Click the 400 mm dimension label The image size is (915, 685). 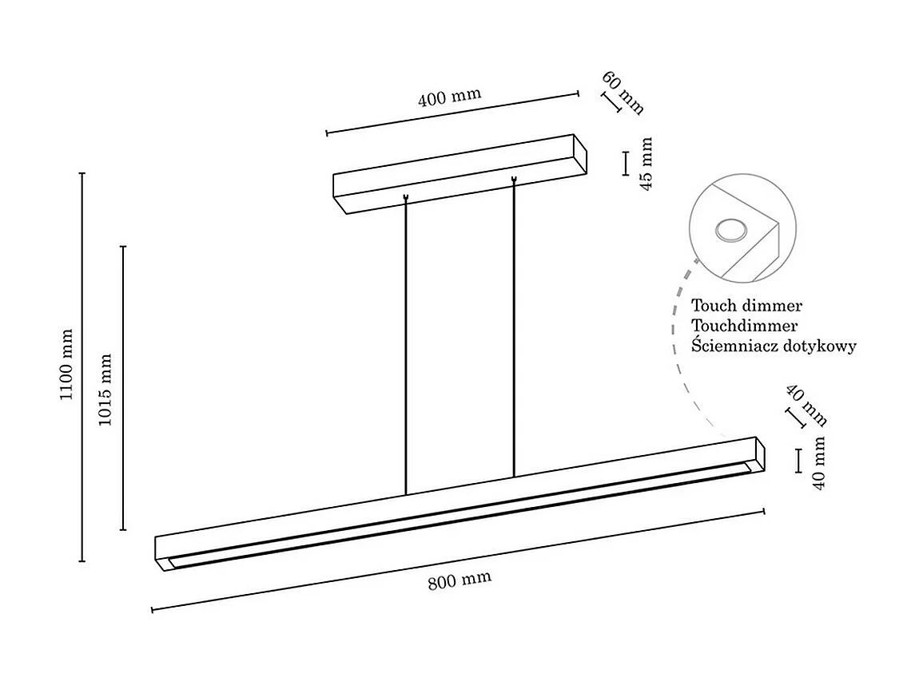(x=449, y=97)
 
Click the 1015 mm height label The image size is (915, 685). (x=105, y=388)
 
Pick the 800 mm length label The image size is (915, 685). (x=459, y=580)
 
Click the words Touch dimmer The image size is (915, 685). (x=746, y=306)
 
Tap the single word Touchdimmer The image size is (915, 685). (x=744, y=326)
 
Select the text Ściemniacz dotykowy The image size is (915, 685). (x=774, y=346)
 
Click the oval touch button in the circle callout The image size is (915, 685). (x=730, y=232)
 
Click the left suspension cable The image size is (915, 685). (x=406, y=343)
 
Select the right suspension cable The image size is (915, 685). (x=513, y=327)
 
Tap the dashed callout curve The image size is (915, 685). (x=680, y=351)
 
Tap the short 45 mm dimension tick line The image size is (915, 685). (x=625, y=163)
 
